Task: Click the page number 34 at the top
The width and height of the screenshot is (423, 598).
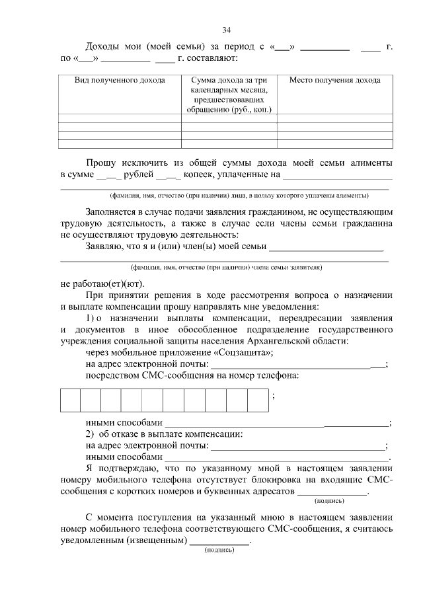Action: (226, 30)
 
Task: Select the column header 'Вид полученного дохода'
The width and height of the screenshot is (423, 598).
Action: (120, 81)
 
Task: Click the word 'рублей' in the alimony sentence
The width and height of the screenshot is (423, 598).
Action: (138, 174)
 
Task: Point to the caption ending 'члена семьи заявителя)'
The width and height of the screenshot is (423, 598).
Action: (227, 268)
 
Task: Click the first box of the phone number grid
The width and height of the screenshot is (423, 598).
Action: (70, 400)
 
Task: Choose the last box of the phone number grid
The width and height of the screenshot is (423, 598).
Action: (257, 400)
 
